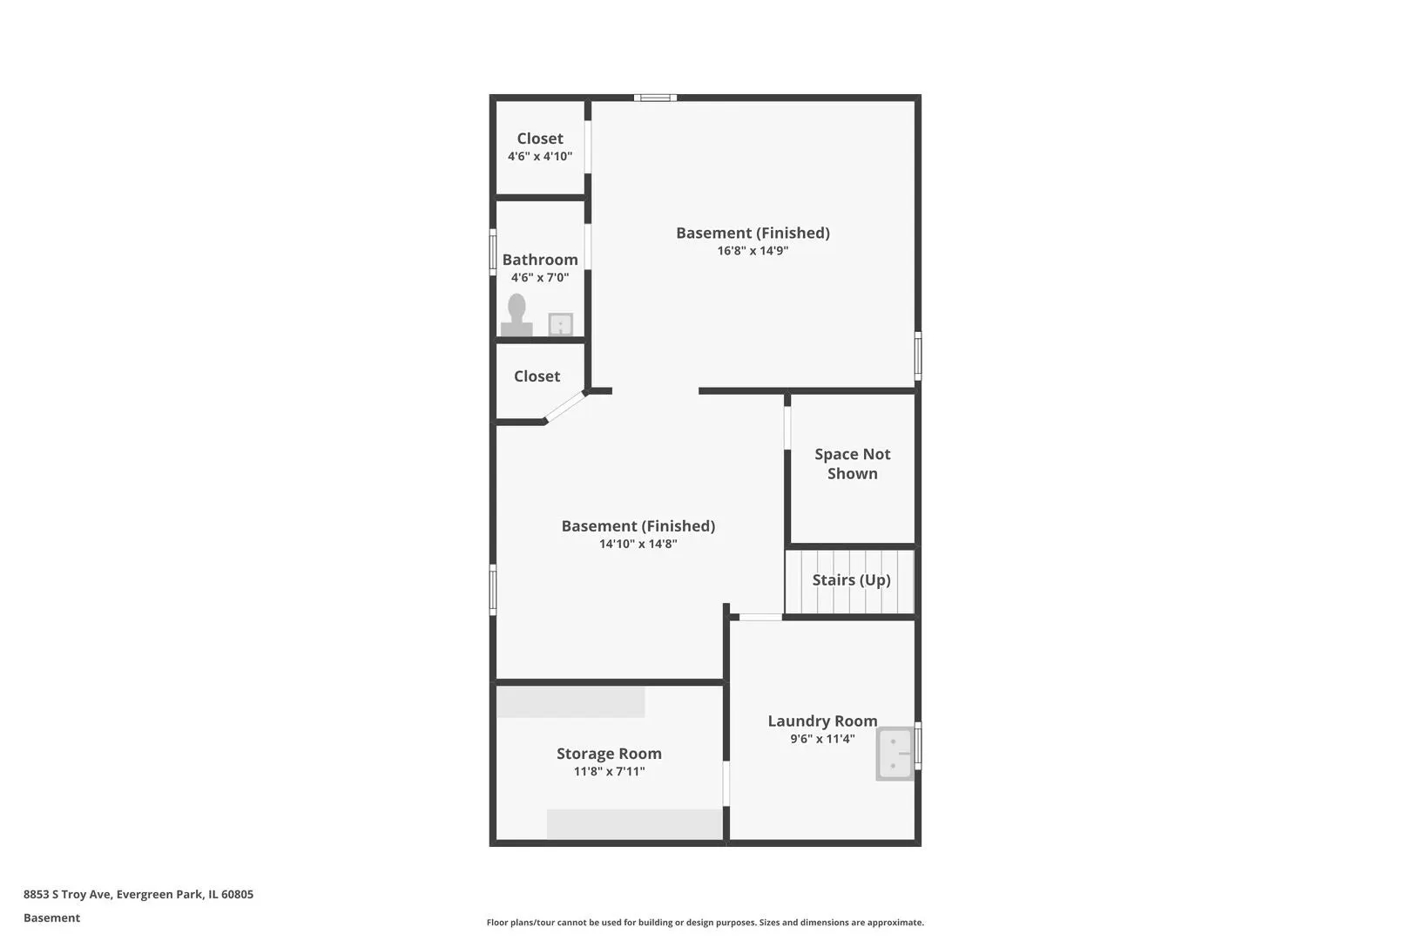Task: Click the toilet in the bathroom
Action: coord(516,315)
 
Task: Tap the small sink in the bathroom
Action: coord(560,324)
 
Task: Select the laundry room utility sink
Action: coord(895,754)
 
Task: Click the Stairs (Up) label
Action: coord(851,580)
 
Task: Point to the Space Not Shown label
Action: coord(853,464)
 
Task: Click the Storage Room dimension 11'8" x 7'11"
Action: coord(609,771)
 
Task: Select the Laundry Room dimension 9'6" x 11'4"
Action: coord(823,739)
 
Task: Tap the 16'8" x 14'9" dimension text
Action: coord(753,251)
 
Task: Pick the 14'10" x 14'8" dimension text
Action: coord(638,544)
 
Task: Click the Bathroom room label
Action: coord(540,260)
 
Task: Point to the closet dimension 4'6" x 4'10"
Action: coord(540,156)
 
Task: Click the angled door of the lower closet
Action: coord(565,407)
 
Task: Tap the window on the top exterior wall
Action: coord(655,98)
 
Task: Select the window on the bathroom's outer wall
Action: coord(493,252)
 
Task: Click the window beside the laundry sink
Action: coord(918,746)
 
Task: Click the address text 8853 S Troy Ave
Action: coord(67,894)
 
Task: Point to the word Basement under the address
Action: coord(51,917)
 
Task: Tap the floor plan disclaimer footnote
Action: coord(705,922)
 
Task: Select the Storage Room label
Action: coord(609,754)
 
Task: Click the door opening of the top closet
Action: coord(588,147)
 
